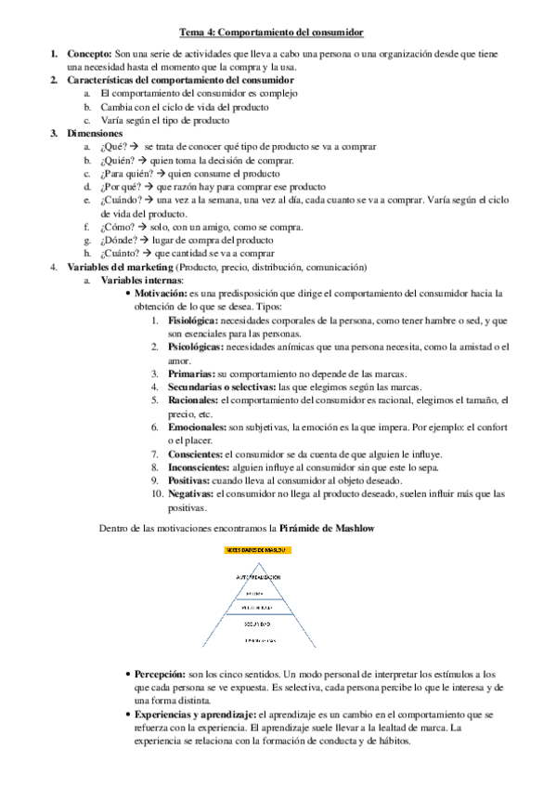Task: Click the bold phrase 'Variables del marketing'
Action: click(x=120, y=267)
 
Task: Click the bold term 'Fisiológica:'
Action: click(x=193, y=321)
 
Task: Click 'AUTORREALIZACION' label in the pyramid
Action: click(x=258, y=576)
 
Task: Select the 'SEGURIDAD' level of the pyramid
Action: click(x=258, y=624)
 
